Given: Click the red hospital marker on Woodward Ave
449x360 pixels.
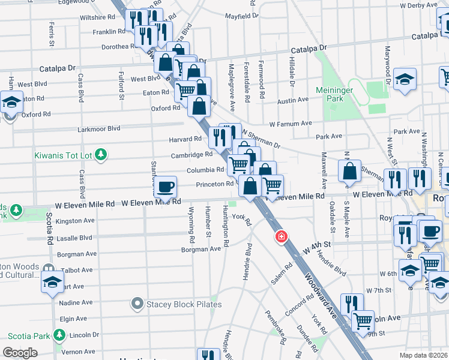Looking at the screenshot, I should point(280,238).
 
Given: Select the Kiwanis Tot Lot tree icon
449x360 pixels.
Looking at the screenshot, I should point(101,155).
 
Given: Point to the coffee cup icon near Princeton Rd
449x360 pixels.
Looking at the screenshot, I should point(165,186).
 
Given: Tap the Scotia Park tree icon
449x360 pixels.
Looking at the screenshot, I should point(59,335).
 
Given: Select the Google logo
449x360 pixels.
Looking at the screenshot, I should point(20,353).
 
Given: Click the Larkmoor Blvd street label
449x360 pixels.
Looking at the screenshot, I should point(99,128).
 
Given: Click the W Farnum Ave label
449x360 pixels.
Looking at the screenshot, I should point(291,124).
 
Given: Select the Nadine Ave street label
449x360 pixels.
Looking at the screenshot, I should point(76,302).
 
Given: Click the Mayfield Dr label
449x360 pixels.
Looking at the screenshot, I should point(241,16).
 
